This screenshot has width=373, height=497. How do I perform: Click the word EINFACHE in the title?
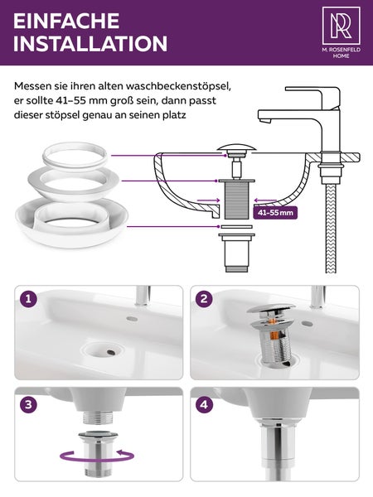[65, 20]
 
